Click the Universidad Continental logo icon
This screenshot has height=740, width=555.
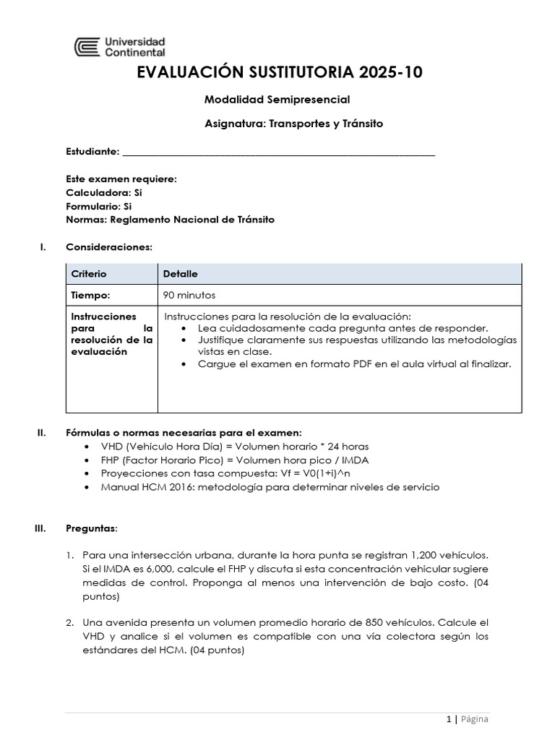[x=87, y=47]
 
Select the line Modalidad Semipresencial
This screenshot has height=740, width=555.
[x=277, y=99]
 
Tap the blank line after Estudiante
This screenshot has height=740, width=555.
[x=278, y=153]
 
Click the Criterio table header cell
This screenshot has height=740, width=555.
[x=89, y=274]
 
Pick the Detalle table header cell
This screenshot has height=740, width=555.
[x=181, y=274]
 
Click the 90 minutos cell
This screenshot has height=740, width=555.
[x=189, y=295]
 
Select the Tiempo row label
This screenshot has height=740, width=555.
[x=90, y=295]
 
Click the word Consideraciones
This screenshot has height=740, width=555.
[x=108, y=247]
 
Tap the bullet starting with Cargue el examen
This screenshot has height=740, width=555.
[x=354, y=363]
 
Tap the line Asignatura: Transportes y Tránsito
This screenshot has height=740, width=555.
[x=294, y=124]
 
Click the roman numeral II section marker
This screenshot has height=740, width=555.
[x=41, y=433]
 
